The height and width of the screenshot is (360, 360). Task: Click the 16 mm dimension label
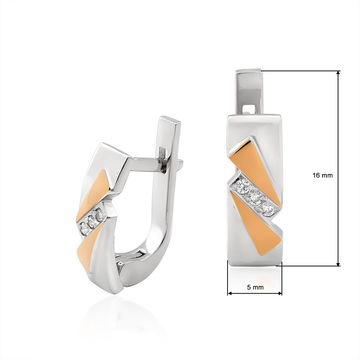pyautogui.click(x=322, y=175)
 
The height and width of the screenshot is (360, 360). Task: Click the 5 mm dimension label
pyautogui.click(x=255, y=287)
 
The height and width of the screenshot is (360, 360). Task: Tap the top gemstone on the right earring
pyautogui.click(x=244, y=185)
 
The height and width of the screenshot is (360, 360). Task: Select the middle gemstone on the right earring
pyautogui.click(x=256, y=197)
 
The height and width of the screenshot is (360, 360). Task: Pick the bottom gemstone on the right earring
pyautogui.click(x=267, y=208)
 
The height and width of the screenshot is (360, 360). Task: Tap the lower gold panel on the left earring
pyautogui.click(x=87, y=248)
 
